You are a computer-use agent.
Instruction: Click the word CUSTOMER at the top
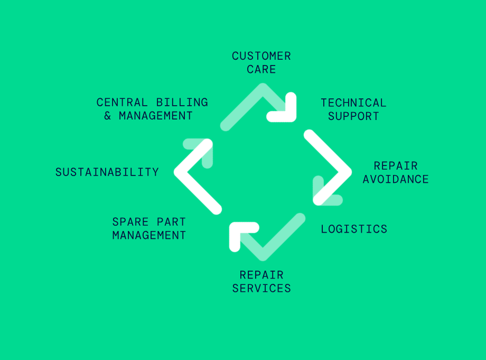click(261, 56)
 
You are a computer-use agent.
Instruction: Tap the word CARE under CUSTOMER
click(261, 69)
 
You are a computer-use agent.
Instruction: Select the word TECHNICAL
click(353, 103)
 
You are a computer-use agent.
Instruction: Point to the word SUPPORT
click(353, 116)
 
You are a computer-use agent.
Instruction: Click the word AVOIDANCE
click(396, 179)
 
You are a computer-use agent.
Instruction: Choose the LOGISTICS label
click(354, 229)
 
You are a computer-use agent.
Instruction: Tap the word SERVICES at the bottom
click(261, 288)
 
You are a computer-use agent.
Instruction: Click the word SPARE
click(127, 221)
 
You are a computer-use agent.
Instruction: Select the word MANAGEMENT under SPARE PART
click(149, 235)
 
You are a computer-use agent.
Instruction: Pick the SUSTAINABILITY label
click(107, 172)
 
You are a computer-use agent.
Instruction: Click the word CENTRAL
click(121, 102)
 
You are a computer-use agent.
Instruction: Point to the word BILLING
click(182, 102)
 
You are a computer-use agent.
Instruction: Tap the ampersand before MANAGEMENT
click(108, 116)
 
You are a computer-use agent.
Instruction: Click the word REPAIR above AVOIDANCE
click(395, 165)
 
